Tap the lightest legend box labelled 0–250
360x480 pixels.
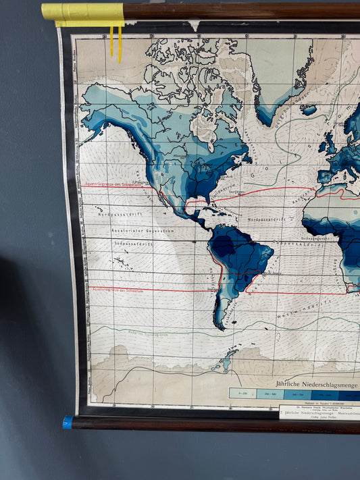coord(242,393)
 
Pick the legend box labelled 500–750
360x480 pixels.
coord(298,393)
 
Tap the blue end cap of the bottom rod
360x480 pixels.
coord(68,423)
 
